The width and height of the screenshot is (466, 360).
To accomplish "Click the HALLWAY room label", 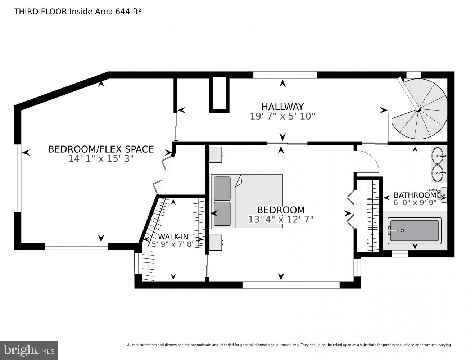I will point(282,107).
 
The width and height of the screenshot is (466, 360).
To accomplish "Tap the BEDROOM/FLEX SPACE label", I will point(101,149).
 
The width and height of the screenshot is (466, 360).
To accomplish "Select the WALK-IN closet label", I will point(173,237).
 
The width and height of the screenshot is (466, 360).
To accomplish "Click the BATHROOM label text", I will point(415,195).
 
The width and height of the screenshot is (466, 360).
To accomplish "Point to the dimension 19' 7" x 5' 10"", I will point(282,116).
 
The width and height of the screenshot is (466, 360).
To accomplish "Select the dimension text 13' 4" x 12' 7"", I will point(281,219).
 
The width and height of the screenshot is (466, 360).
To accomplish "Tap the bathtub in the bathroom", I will point(414,231).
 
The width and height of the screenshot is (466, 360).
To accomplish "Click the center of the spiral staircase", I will point(418,110).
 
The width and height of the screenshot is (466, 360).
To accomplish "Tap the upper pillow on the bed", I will point(222,188).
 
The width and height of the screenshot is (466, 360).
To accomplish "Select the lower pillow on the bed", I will point(222,213).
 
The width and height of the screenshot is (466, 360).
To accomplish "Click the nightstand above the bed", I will point(216,154).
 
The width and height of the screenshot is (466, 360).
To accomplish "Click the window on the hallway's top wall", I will point(285,75).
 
